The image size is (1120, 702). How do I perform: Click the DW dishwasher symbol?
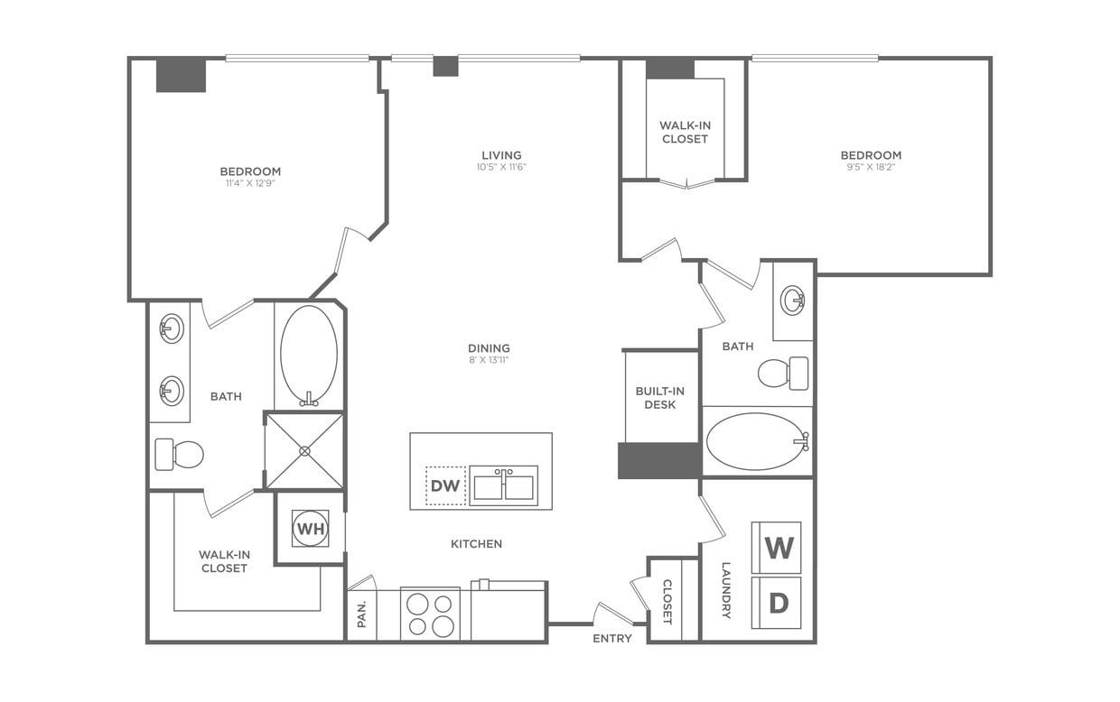(445, 485)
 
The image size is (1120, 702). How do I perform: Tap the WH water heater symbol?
(310, 529)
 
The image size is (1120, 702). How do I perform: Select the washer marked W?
(778, 548)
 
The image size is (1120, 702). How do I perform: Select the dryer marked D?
(778, 603)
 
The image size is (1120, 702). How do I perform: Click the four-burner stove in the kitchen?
(430, 614)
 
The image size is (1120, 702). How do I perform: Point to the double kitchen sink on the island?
(503, 485)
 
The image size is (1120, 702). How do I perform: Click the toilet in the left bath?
(180, 454)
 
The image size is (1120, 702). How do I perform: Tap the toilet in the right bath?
(782, 373)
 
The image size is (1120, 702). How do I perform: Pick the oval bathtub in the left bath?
(309, 355)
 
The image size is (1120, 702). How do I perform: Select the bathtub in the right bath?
(755, 441)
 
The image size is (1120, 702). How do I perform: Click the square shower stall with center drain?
(304, 450)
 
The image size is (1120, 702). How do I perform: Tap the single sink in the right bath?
(793, 300)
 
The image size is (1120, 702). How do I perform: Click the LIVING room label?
(501, 155)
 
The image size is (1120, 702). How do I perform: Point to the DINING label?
(489, 348)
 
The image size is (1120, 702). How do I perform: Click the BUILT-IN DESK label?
(660, 398)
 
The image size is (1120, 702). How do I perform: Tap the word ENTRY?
(611, 638)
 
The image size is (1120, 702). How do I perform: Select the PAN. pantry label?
(361, 614)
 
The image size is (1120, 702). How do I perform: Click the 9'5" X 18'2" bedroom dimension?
(871, 167)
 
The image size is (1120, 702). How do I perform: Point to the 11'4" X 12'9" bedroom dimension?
(250, 183)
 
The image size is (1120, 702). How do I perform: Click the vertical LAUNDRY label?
(726, 590)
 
